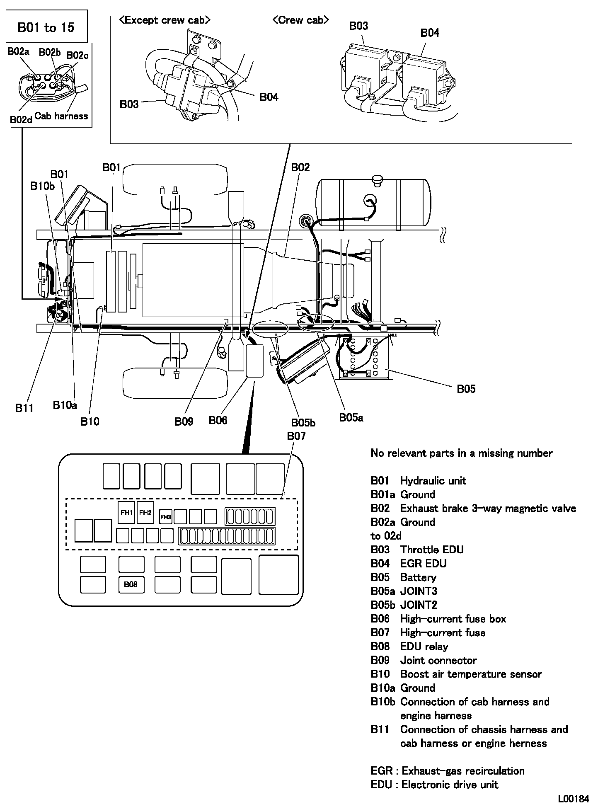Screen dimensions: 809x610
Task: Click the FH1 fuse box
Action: tap(126, 513)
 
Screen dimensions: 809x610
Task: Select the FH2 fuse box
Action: tap(145, 513)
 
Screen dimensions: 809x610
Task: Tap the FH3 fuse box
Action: tap(166, 517)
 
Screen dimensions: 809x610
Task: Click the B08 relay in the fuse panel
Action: tap(131, 584)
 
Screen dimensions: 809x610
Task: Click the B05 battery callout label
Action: tap(466, 389)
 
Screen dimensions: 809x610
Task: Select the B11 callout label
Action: tap(24, 408)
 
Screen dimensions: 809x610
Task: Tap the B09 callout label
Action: tap(184, 421)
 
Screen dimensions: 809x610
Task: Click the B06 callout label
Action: tap(218, 420)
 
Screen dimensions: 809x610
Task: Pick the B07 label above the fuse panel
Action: tap(296, 436)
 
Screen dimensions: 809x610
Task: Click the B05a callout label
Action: tap(351, 418)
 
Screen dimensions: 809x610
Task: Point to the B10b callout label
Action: tap(43, 186)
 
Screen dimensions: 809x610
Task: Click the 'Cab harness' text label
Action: tap(61, 116)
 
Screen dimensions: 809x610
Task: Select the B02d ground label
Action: tap(21, 119)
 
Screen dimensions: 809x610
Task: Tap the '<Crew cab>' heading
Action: tap(301, 20)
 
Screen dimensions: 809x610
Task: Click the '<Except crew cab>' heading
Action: tap(165, 20)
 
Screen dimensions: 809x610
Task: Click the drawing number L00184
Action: tap(573, 799)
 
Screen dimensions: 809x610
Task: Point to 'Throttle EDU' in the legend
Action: tap(432, 550)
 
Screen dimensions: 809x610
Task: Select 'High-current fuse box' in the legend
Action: tap(453, 619)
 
